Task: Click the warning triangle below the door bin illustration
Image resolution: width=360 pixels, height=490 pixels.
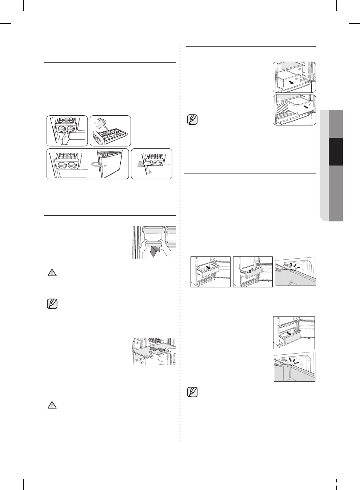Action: [x=52, y=273]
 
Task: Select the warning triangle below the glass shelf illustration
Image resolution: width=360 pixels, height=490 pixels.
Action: [x=52, y=405]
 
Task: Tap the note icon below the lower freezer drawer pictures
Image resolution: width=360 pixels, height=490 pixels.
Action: [x=192, y=393]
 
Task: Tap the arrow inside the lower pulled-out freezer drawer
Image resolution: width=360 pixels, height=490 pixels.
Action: [x=289, y=333]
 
